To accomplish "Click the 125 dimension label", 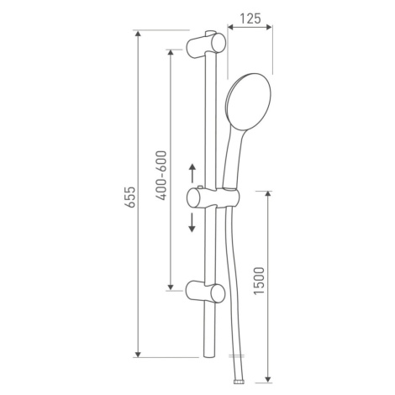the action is click(x=250, y=18).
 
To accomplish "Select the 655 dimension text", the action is click(x=130, y=197).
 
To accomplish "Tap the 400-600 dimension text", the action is click(x=161, y=176).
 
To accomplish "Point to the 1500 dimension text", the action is click(x=259, y=281).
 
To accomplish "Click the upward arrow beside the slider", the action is click(x=192, y=172).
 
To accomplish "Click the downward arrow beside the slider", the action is click(x=192, y=223).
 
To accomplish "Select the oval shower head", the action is click(x=249, y=103).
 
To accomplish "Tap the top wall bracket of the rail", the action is click(x=206, y=45).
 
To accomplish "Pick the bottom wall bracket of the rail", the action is click(x=205, y=293).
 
